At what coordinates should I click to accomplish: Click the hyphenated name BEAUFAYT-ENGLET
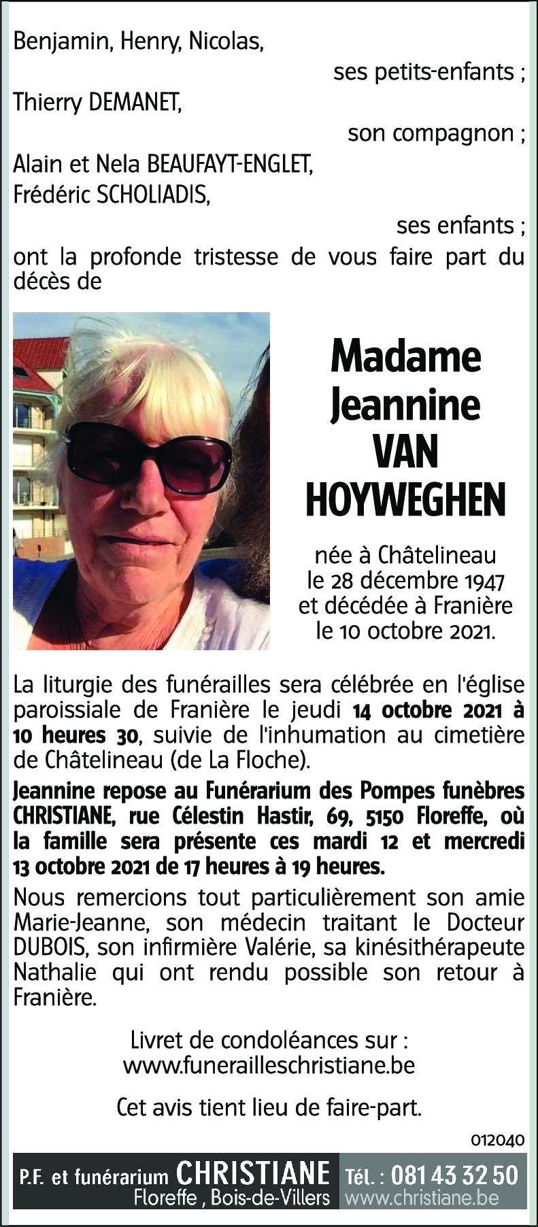(230, 165)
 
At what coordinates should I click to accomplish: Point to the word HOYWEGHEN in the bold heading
(406, 500)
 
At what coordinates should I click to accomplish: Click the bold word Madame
(406, 356)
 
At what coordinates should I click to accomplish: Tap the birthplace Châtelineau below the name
(437, 556)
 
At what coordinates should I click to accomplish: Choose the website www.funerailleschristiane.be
(269, 1065)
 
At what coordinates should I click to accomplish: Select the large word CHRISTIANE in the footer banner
(253, 1174)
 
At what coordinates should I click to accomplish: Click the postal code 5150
(385, 816)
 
